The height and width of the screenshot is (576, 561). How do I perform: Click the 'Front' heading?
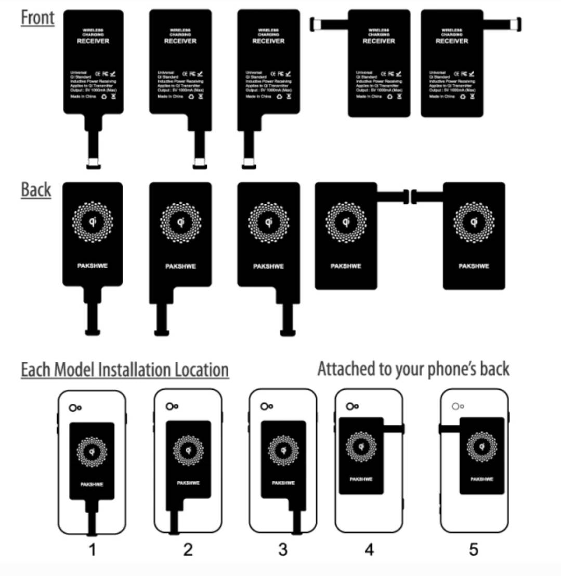pos(37,17)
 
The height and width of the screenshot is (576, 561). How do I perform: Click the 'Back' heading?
pos(36,190)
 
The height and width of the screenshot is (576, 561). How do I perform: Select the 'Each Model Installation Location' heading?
pos(125,370)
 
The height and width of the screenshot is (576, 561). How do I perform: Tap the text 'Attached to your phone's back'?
pos(413,369)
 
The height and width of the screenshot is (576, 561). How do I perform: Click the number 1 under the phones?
pos(93,549)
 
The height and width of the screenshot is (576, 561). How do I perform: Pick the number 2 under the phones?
pos(188,549)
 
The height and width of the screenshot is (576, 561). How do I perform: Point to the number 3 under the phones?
pos(283,549)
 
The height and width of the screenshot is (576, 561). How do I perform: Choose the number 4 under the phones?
pos(369,549)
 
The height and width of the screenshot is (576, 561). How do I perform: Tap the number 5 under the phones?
pos(474,549)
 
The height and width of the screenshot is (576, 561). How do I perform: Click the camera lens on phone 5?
pos(455,407)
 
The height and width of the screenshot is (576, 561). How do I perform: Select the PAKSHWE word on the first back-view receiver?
pos(93,266)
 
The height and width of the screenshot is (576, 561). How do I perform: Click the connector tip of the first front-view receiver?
pos(94,164)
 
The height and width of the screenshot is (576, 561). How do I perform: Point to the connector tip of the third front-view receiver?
pos(249,164)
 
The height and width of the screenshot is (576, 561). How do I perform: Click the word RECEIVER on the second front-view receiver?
pos(180,41)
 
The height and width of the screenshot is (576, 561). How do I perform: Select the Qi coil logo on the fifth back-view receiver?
pos(474,222)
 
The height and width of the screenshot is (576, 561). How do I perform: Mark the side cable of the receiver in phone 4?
pos(394,428)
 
